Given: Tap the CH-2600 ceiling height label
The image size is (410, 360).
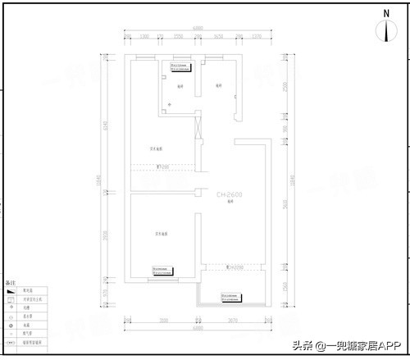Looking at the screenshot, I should pos(230,195).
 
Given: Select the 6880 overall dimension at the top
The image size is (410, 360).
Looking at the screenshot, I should pos(198,30).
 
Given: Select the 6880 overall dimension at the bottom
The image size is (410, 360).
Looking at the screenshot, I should pos(198,328).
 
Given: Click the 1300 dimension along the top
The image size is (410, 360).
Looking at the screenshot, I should pos(144,37).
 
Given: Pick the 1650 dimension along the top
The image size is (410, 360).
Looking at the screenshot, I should pos(218,37).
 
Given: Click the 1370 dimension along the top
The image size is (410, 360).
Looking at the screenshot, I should pos(257,37).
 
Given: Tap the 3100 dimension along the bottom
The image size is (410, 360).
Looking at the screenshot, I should pos(163,321).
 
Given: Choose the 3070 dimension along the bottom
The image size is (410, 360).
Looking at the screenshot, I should pos(232,321).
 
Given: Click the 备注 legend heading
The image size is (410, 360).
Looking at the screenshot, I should pos(11,283).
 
